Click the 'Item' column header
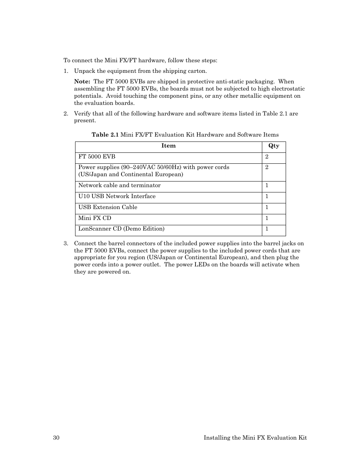tap(168, 146)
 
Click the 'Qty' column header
tap(274, 146)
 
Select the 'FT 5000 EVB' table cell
tap(97, 157)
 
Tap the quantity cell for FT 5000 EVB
tap(267, 157)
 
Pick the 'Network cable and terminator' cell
tap(119, 185)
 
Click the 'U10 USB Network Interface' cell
tap(117, 196)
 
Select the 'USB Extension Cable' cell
tap(108, 207)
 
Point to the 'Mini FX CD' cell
tap(95, 218)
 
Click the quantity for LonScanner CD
tap(267, 229)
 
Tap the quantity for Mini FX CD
tap(267, 218)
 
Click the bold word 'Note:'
tap(82, 82)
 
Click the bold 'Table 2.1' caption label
tap(105, 135)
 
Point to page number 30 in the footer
tap(56, 438)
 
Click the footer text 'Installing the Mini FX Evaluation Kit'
tap(255, 438)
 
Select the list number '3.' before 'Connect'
tap(66, 243)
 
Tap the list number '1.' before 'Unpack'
tap(66, 71)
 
